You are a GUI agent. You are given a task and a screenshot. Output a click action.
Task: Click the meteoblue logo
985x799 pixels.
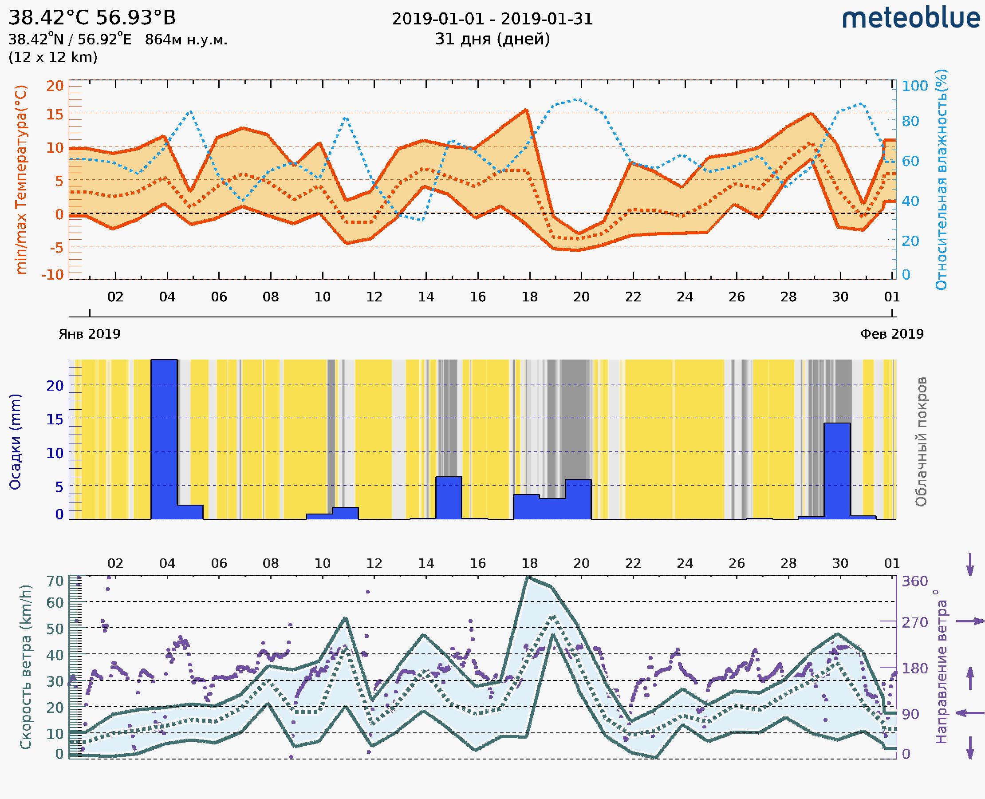(910, 18)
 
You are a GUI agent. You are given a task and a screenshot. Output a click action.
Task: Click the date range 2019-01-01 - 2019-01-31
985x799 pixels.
(492, 19)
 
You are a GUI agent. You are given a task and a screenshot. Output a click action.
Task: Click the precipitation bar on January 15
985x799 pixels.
(449, 498)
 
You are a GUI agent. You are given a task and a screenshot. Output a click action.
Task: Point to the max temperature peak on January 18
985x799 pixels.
(526, 110)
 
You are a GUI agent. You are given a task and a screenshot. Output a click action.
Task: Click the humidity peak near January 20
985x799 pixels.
(578, 99)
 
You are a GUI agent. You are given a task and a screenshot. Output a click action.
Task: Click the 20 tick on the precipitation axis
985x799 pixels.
(55, 386)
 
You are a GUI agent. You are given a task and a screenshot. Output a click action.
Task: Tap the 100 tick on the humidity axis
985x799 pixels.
(914, 86)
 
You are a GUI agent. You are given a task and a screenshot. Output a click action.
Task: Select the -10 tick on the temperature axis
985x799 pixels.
(52, 275)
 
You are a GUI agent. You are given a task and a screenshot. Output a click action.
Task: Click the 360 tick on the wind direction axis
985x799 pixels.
(914, 581)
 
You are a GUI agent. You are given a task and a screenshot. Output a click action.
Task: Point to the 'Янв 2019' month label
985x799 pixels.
(90, 334)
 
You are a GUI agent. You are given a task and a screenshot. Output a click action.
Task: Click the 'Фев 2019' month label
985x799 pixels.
(892, 334)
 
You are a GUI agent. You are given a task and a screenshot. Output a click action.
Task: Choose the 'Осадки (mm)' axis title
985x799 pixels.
(15, 442)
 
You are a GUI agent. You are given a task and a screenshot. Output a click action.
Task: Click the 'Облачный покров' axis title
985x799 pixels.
(921, 442)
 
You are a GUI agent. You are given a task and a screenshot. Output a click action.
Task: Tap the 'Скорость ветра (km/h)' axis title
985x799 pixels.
(26, 667)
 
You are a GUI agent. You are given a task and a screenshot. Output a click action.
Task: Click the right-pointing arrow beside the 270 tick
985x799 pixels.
(970, 621)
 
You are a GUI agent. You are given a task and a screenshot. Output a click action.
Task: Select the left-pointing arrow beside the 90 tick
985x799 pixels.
(970, 713)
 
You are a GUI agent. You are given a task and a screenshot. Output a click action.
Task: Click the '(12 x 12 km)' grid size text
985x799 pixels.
(53, 58)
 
